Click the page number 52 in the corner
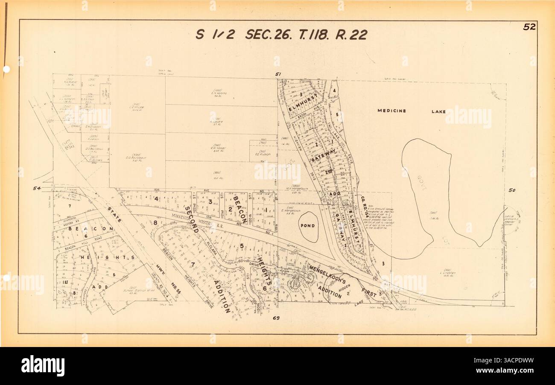[x=529, y=27]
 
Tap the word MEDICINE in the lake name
[x=391, y=111]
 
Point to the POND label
[x=307, y=226]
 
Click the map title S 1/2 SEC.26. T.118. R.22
[x=281, y=35]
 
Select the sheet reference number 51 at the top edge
[x=278, y=74]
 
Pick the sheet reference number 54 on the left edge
[x=37, y=188]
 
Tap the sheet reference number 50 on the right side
[x=512, y=190]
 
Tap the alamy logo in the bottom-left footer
[x=43, y=366]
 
